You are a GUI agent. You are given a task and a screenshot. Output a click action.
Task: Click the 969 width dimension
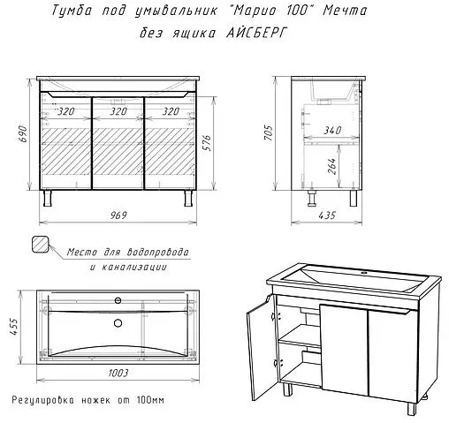coord(118,215)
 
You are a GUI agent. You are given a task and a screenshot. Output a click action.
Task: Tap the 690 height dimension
coord(23,134)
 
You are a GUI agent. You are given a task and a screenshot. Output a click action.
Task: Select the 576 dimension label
coord(208,143)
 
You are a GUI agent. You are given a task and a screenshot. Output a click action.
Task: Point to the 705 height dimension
coord(269,132)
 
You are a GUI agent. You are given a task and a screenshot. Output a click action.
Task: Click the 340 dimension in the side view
coord(332,130)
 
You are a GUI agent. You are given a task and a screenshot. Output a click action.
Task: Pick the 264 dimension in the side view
coord(331,166)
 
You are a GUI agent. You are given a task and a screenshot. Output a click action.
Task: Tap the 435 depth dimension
coord(327,215)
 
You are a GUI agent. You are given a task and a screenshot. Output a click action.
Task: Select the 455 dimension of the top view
coord(14,327)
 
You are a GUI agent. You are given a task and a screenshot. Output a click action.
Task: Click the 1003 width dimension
coord(118,373)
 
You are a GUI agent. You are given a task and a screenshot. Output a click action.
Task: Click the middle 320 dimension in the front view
coord(118,111)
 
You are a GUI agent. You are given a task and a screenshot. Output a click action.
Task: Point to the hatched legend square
coord(40,244)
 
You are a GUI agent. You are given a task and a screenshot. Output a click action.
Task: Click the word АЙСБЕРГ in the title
coord(256,33)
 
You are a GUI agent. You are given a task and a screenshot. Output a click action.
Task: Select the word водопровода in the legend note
coord(158,253)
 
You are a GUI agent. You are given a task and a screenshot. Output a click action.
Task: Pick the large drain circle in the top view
coord(118,323)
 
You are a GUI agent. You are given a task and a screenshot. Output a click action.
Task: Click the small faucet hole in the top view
coord(118,300)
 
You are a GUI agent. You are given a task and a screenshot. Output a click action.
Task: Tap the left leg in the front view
coord(48,198)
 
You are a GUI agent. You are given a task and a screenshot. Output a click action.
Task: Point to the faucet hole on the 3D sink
coord(364,273)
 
